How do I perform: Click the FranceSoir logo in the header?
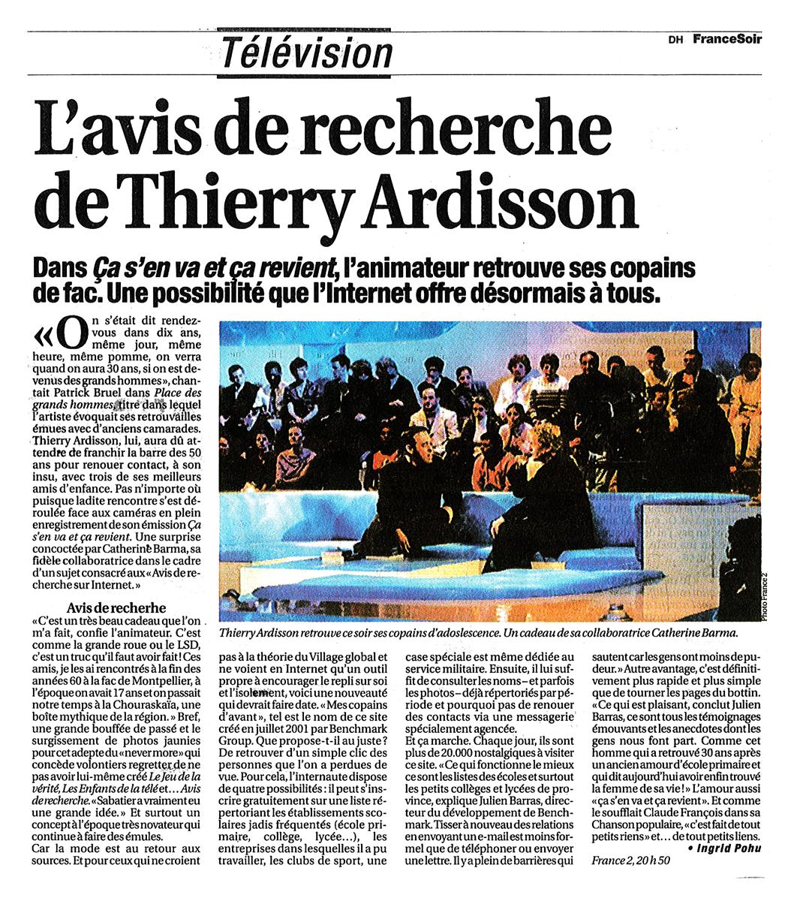pos(726,39)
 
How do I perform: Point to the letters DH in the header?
pos(674,41)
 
